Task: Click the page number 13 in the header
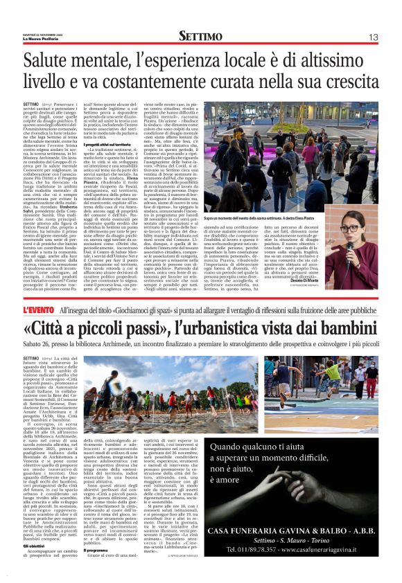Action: click(x=373, y=37)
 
